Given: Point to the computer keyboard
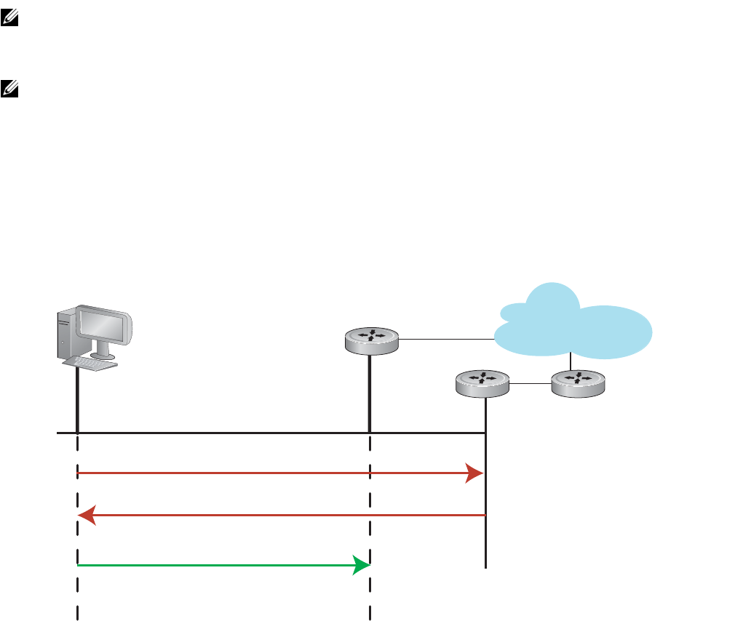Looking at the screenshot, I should click(x=90, y=362).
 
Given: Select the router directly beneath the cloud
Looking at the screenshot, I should click(x=578, y=382).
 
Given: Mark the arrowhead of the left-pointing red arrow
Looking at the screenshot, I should click(x=87, y=516).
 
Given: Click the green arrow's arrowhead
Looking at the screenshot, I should click(x=361, y=565).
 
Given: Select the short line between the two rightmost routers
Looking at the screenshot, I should click(x=531, y=382).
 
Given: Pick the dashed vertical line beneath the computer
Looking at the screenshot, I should click(x=77, y=538).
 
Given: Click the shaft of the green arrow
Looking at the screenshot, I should click(x=218, y=565).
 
